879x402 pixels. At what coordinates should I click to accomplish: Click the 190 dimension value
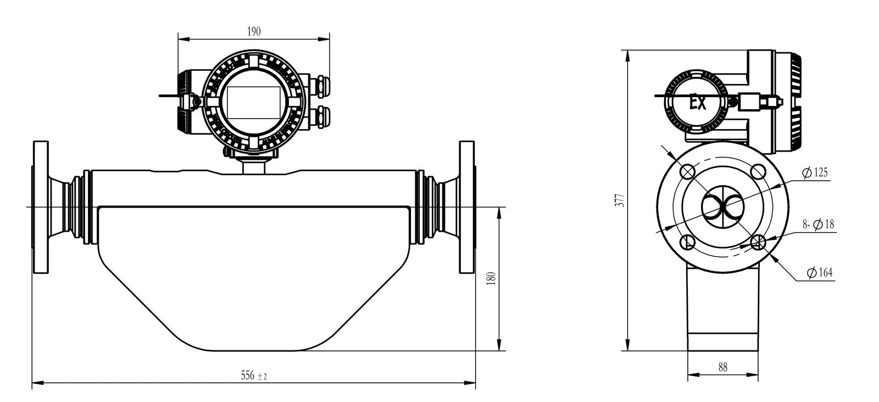click(254, 31)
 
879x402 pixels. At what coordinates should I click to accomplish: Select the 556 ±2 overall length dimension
click(254, 375)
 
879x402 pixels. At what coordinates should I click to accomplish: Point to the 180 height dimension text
click(491, 278)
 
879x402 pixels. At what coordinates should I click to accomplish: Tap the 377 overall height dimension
click(620, 200)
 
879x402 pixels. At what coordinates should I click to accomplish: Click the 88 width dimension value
click(723, 367)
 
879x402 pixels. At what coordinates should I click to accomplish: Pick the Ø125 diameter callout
click(815, 172)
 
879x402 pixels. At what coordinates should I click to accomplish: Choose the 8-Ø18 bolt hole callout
click(818, 224)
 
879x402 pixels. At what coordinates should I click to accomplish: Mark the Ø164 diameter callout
click(820, 272)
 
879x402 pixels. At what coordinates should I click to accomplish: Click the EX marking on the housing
click(698, 103)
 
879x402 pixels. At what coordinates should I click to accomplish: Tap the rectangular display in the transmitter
click(254, 102)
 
